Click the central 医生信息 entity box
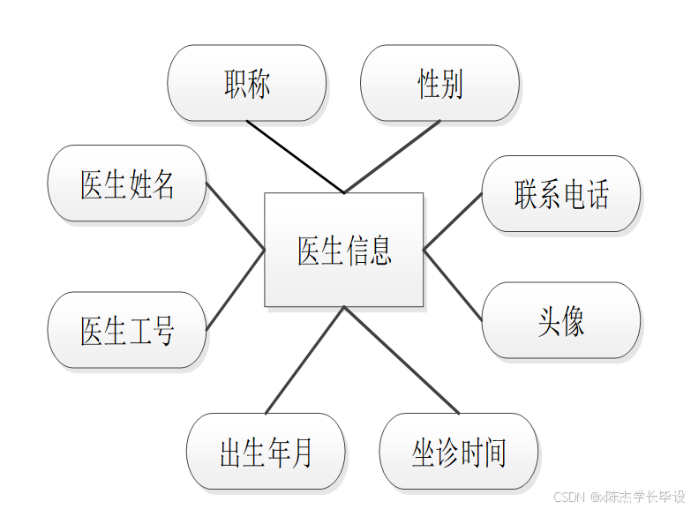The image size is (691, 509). [344, 250]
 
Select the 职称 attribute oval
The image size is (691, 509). [247, 83]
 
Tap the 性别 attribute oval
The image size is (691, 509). [439, 83]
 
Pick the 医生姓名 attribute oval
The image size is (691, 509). [127, 183]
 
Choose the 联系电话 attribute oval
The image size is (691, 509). [561, 194]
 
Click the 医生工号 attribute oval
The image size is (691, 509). [127, 330]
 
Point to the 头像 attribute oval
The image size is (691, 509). [561, 320]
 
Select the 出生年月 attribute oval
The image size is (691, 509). [266, 451]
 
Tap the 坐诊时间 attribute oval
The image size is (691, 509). [459, 451]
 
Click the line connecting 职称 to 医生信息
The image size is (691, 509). [295, 156]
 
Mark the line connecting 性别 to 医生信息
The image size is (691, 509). [392, 156]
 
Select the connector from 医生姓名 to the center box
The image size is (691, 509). [236, 217]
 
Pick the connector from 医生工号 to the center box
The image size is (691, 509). [236, 290]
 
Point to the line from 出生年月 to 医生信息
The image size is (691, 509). [304, 360]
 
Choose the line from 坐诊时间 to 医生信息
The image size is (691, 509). [402, 360]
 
